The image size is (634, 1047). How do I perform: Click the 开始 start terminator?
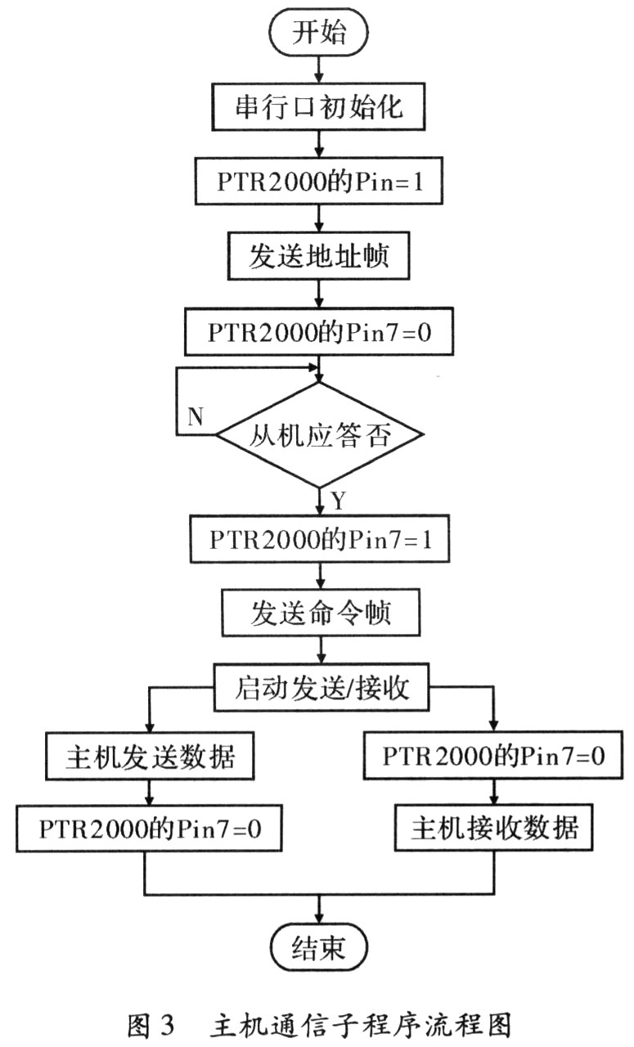tap(318, 32)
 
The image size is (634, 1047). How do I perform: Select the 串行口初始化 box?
tap(318, 106)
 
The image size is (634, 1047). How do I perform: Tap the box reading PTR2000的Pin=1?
tap(319, 182)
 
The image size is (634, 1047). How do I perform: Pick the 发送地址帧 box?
tap(319, 256)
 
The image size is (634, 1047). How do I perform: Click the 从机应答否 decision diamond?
tap(320, 435)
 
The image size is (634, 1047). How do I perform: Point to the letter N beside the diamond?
tap(196, 416)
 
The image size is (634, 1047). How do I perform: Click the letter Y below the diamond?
tap(339, 501)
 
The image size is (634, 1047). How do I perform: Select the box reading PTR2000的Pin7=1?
tap(320, 539)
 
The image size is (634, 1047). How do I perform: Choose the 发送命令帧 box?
tap(321, 613)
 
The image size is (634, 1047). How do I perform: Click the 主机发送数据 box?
tap(150, 757)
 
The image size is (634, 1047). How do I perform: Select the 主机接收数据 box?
tap(494, 828)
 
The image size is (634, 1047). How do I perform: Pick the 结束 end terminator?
tap(319, 948)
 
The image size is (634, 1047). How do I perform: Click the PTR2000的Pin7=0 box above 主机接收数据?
tap(493, 756)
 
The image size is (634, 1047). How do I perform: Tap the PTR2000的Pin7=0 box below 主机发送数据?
tap(149, 829)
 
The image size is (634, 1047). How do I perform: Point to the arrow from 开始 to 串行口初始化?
tap(319, 70)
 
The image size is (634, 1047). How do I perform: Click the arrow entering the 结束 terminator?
tap(319, 910)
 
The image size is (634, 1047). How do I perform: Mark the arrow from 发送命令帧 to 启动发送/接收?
tap(321, 649)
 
